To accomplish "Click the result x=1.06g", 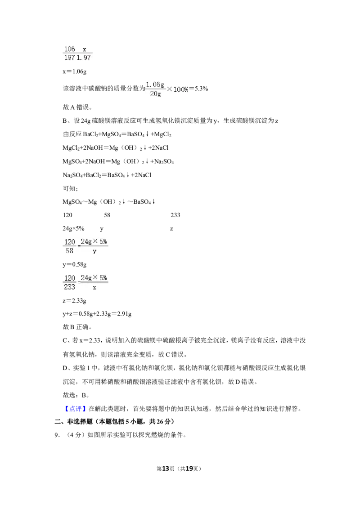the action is pyautogui.click(x=74, y=71).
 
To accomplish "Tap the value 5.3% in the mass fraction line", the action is pyautogui.click(x=201, y=89).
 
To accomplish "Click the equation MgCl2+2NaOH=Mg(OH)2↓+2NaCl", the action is pyautogui.click(x=115, y=148).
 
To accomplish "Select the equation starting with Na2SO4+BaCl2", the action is pyautogui.click(x=107, y=175).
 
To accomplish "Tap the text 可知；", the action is pyautogui.click(x=70, y=188).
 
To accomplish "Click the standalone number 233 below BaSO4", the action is pyautogui.click(x=175, y=215).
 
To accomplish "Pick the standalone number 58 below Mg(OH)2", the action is pyautogui.click(x=107, y=215).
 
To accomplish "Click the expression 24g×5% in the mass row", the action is pyautogui.click(x=73, y=228).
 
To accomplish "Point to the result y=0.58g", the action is pyautogui.click(x=74, y=264).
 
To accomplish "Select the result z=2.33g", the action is pyautogui.click(x=74, y=301).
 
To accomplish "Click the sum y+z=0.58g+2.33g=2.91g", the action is pyautogui.click(x=97, y=314).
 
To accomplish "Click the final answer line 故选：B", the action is pyautogui.click(x=76, y=395).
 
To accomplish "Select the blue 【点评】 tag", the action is pyautogui.click(x=75, y=409).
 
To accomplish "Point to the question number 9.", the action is pyautogui.click(x=57, y=435).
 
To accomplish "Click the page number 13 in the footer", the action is pyautogui.click(x=166, y=469).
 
